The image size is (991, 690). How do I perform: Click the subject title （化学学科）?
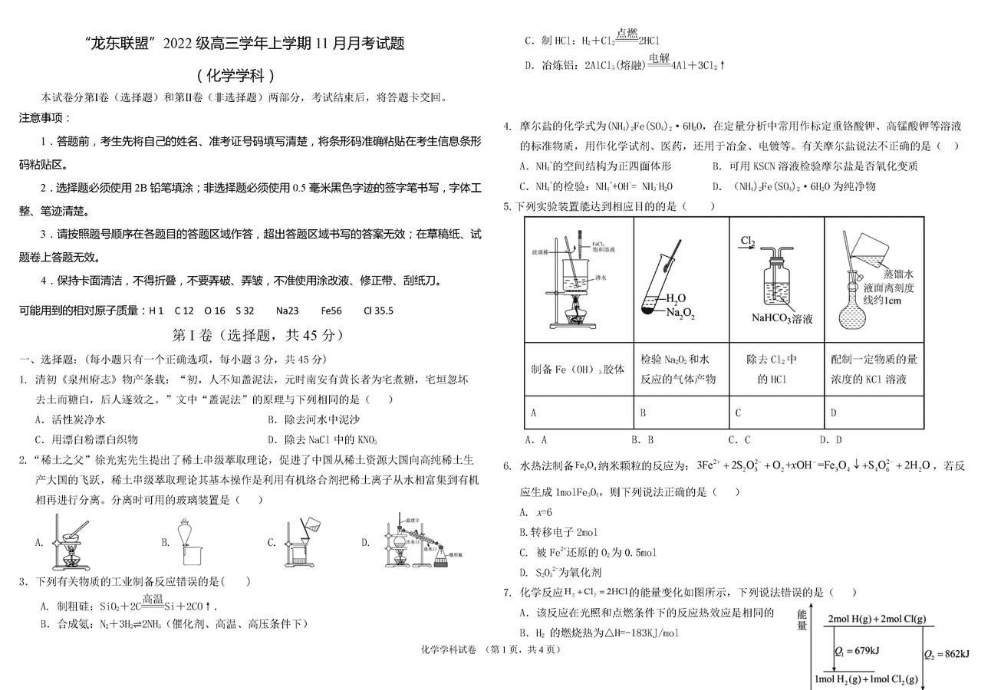235,75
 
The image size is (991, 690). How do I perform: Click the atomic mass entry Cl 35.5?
378,310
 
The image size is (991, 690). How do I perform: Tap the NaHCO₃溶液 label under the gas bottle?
781,319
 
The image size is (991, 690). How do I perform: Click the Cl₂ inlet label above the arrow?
748,242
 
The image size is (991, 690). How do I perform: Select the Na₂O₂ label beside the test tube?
680,312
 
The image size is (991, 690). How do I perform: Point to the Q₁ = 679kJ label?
857,651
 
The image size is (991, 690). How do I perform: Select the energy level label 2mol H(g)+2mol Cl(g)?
876,617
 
